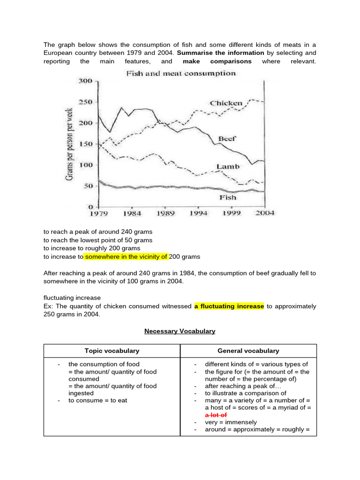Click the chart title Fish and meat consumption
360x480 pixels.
[x=180, y=74]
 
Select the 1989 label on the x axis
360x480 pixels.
[x=165, y=213]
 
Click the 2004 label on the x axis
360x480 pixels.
[x=264, y=213]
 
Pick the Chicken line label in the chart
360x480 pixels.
[x=226, y=103]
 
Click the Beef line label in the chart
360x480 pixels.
[x=227, y=139]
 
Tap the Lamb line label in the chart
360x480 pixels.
[x=228, y=166]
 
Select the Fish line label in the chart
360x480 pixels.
[x=228, y=197]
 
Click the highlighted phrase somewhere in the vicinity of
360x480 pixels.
[x=126, y=257]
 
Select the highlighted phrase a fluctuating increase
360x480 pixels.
[x=229, y=306]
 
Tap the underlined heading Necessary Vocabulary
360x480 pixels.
[x=180, y=331]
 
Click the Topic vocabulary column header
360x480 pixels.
[x=112, y=351]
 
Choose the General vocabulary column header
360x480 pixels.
[x=248, y=351]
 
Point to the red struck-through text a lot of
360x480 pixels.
[x=216, y=415]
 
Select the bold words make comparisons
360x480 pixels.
[x=217, y=61]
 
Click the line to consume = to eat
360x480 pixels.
[x=97, y=400]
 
